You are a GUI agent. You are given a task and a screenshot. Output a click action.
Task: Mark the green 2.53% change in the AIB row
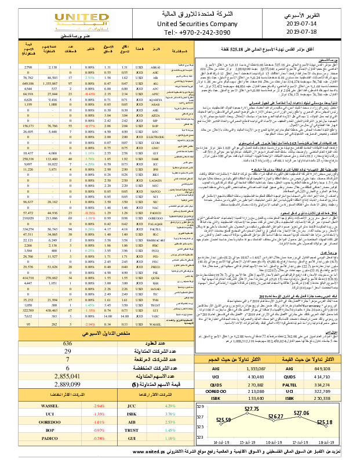(89, 77)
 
